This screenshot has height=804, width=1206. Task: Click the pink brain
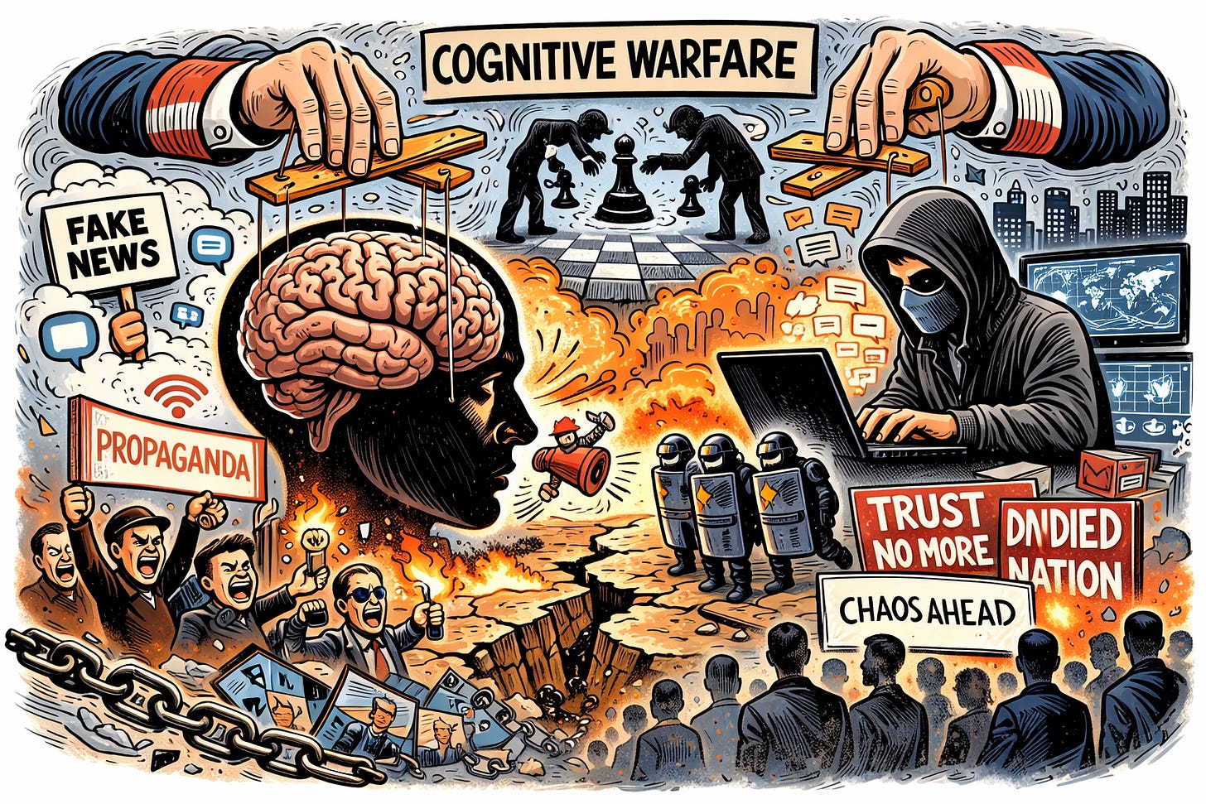[x=373, y=315]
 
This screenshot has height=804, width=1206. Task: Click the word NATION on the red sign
[x=1065, y=576]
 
